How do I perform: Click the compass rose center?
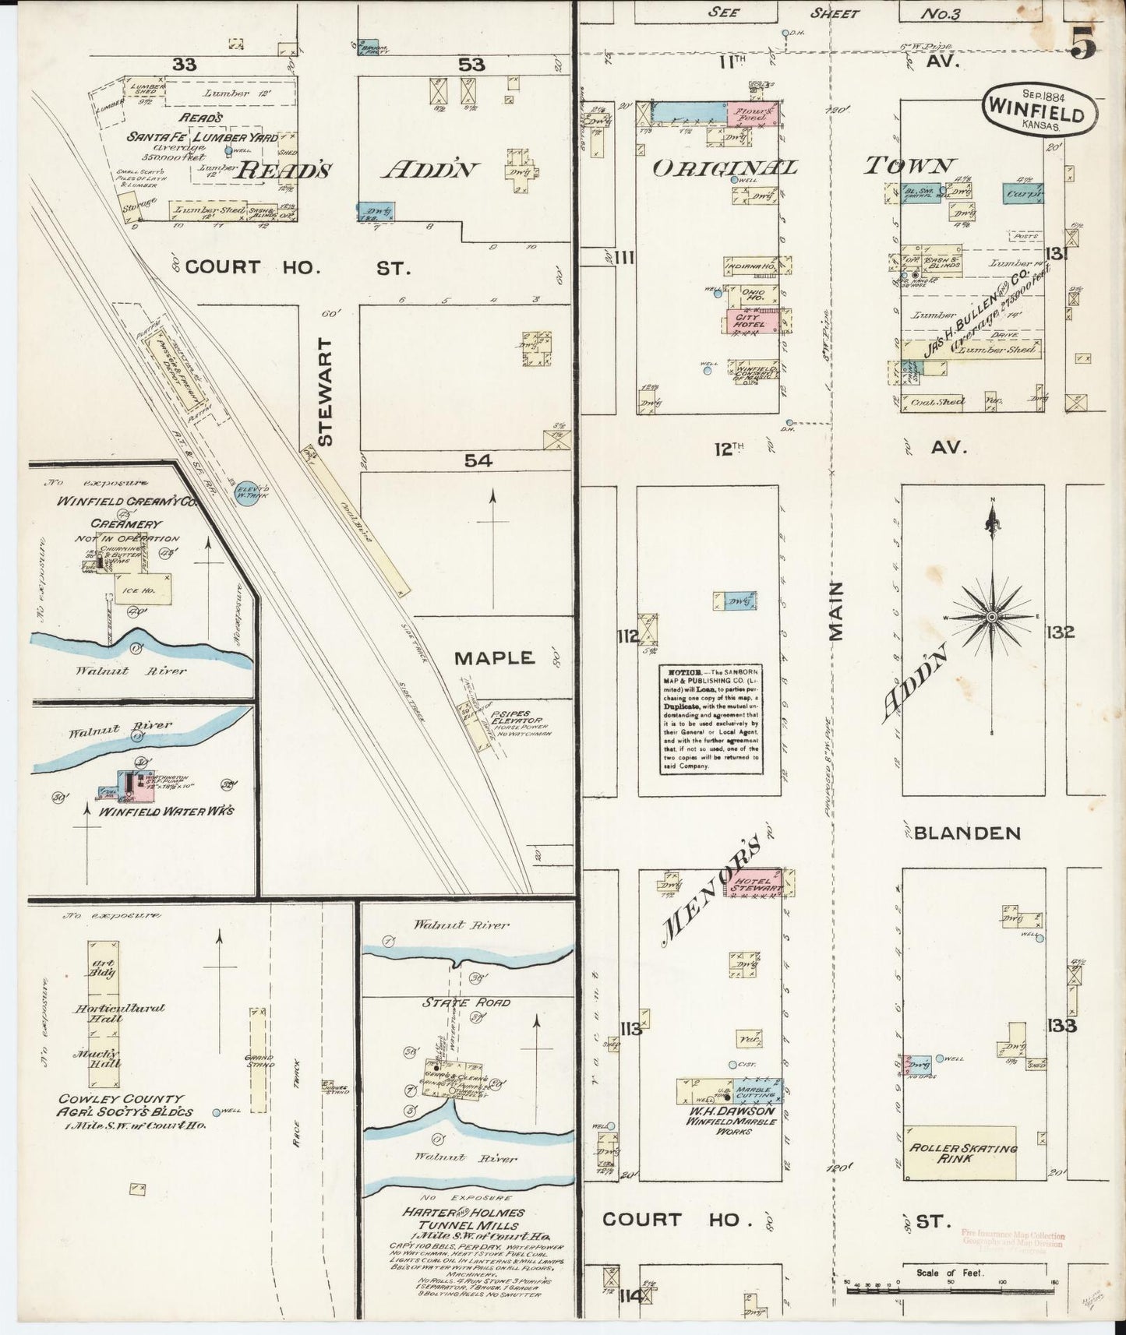point(992,617)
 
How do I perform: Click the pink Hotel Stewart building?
point(753,882)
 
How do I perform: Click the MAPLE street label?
point(495,658)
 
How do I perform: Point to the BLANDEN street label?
point(966,833)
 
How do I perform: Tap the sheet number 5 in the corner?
point(1083,43)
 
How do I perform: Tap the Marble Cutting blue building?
point(754,1093)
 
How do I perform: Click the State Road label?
point(466,1002)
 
